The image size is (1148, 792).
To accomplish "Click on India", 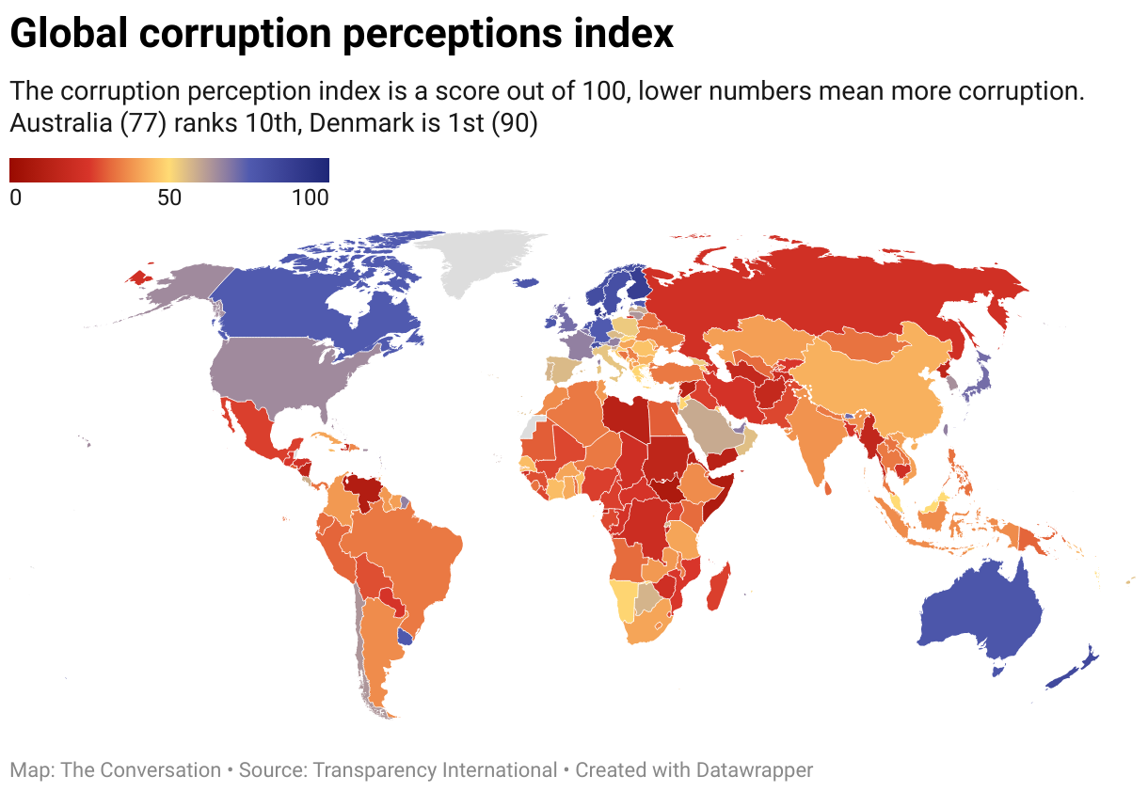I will pos(819,442).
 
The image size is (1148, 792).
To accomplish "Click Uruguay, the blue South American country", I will pos(407,637).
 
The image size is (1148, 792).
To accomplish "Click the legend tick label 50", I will pos(168,198).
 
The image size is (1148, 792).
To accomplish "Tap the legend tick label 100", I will pos(311,198).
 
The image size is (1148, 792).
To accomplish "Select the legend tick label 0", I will pos(15,198).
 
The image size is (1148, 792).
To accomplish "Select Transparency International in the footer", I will pos(435,770).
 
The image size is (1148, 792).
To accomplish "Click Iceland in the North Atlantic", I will pos(527,281).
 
